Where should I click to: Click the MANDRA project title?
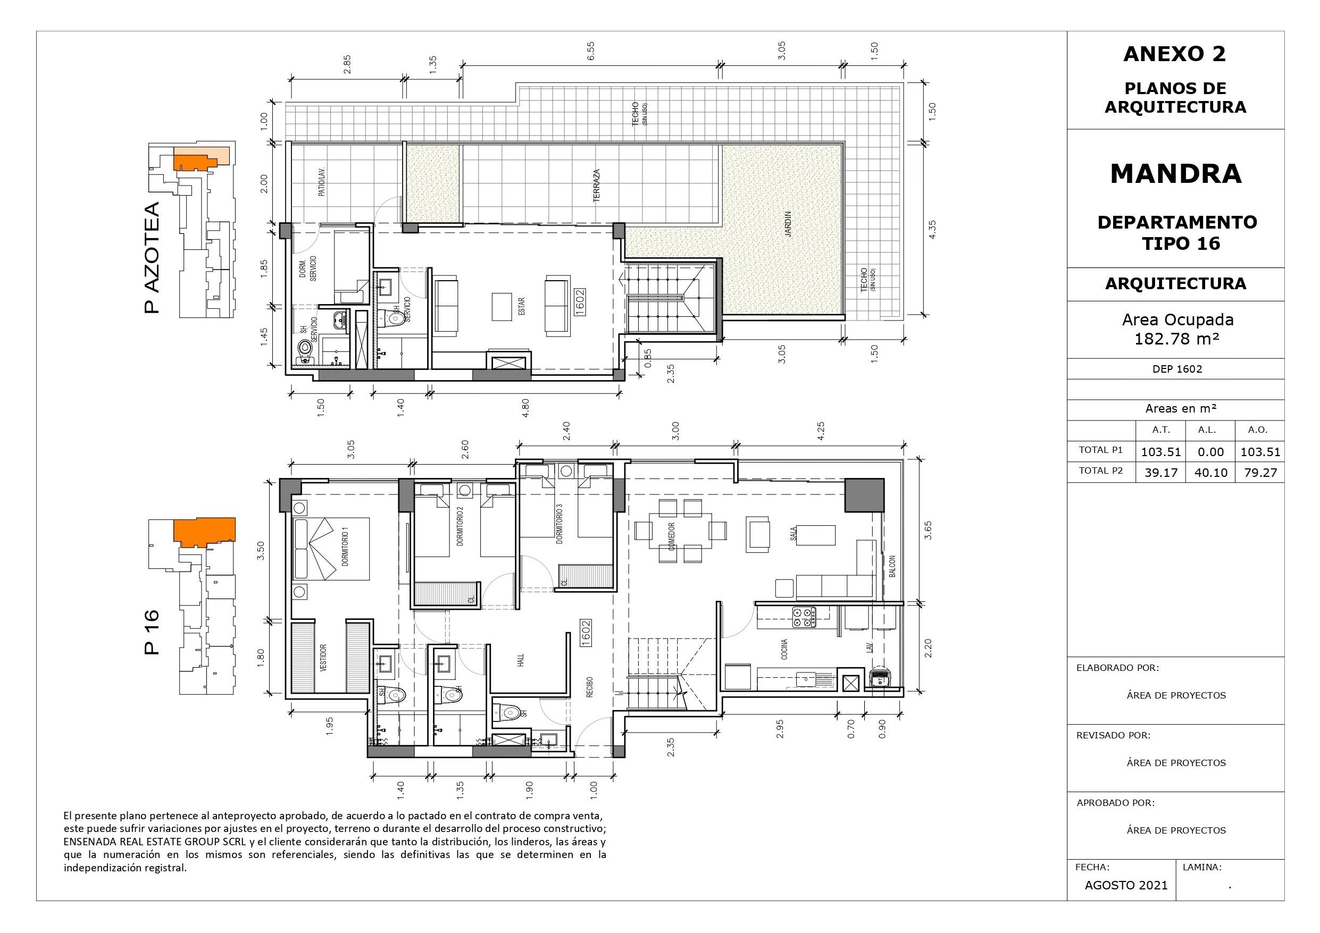point(1176,174)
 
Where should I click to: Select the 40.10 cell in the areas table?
point(1210,473)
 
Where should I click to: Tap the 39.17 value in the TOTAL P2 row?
point(1161,473)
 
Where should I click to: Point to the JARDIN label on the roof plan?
point(789,224)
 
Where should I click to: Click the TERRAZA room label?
point(597,185)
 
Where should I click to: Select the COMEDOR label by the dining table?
point(672,537)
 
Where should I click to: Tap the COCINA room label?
point(784,649)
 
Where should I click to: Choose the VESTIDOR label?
point(323,658)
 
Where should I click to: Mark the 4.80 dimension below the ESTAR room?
point(524,407)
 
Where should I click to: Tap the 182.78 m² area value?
point(1176,339)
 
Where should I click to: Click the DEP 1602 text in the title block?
point(1177,369)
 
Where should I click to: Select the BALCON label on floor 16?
point(892,566)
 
